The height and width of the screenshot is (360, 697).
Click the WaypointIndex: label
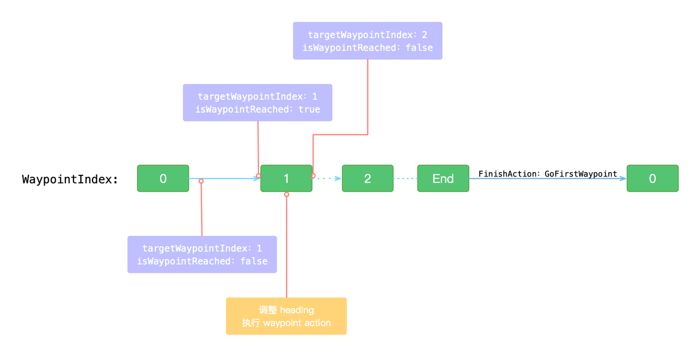click(70, 180)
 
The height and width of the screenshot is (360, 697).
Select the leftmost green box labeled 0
click(163, 178)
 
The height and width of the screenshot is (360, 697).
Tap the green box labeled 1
click(286, 178)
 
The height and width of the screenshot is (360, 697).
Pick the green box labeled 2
click(368, 178)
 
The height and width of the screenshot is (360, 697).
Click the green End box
click(443, 178)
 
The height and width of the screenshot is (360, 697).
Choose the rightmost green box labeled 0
click(652, 178)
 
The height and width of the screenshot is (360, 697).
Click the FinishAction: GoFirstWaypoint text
click(548, 174)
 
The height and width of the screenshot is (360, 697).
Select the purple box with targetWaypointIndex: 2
click(368, 41)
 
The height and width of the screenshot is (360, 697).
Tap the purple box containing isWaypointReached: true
click(258, 102)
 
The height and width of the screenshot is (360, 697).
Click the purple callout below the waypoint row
click(202, 254)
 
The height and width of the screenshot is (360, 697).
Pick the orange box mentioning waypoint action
click(286, 316)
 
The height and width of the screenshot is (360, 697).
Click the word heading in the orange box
click(297, 310)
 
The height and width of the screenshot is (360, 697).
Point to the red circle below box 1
click(286, 194)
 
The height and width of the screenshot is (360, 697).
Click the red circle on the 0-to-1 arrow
click(201, 181)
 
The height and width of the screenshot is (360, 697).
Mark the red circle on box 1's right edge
click(313, 176)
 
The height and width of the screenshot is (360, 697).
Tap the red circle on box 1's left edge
click(258, 176)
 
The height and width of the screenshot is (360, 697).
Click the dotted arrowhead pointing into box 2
click(338, 178)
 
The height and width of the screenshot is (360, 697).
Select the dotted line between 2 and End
click(405, 178)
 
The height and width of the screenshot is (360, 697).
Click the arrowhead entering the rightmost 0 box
click(623, 178)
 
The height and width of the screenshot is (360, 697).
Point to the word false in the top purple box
click(419, 47)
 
